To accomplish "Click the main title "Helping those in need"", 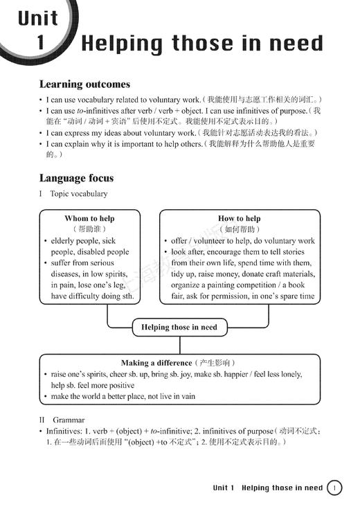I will coord(202,44).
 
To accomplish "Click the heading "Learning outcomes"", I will coord(84,84).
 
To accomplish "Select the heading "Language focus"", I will coord(76,178).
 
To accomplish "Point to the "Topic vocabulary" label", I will coord(78,194).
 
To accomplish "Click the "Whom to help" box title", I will coord(89,218).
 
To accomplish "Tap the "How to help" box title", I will coord(239,218).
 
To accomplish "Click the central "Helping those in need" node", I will coord(179,327).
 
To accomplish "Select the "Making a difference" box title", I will coord(156,363).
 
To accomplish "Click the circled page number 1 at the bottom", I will coord(334,488).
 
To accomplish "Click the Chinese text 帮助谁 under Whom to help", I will coord(89,229).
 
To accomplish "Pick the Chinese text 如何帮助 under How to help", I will coord(240,229).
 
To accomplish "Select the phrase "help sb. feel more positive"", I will coord(93,386).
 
